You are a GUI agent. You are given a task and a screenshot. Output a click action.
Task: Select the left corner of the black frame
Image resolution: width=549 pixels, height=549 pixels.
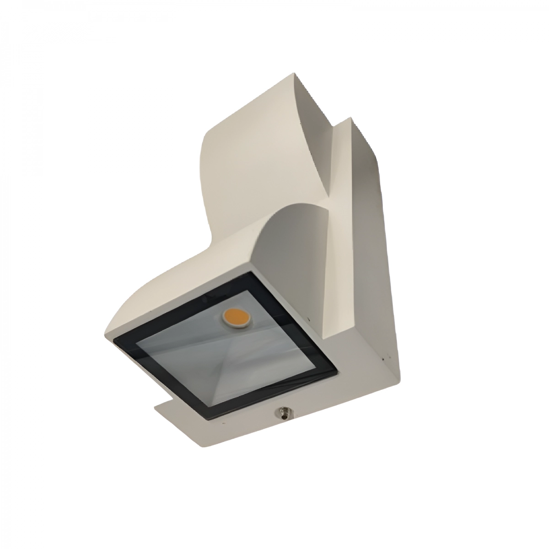tap(114, 339)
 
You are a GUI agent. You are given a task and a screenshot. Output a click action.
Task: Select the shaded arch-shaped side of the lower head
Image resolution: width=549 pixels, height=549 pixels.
tap(293, 256)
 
